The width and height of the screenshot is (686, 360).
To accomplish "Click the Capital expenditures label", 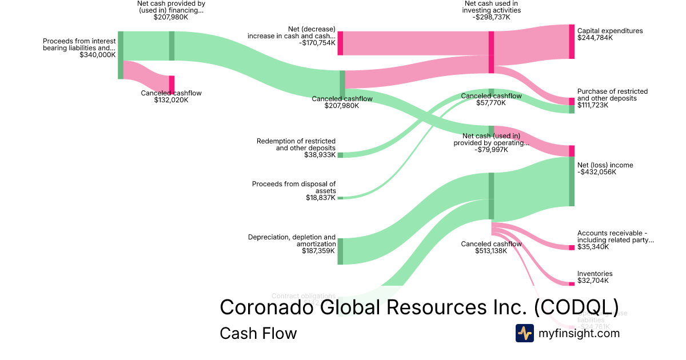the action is [609, 31].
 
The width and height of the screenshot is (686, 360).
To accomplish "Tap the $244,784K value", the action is [595, 38].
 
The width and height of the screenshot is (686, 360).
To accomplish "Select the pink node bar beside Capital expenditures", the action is [572, 42].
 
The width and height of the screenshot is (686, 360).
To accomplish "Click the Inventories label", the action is [595, 274].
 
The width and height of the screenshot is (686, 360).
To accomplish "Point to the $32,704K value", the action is [593, 281].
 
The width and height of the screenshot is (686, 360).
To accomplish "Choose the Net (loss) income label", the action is [605, 165].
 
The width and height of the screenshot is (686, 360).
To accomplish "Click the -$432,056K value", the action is [597, 172].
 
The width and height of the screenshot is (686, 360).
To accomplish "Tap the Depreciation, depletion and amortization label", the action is [292, 241].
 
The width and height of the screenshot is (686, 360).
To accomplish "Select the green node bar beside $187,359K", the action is [340, 251].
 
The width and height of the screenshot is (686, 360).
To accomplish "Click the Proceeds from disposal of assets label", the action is [294, 187].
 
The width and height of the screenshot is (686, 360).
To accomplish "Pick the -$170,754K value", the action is [317, 43].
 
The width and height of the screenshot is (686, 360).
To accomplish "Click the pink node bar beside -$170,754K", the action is [340, 43].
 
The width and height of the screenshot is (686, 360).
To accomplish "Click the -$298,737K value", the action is [492, 17].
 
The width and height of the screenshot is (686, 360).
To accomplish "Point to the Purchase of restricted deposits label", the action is [612, 95].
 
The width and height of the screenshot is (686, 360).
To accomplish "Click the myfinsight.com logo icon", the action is [524, 333].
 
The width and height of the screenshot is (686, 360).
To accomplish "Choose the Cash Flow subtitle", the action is [258, 333].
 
